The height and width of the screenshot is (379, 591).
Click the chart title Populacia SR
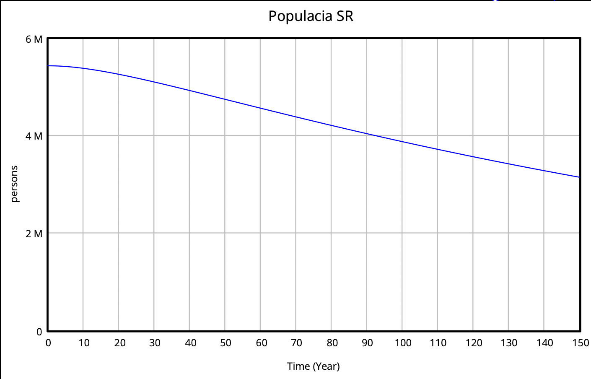pos(311,16)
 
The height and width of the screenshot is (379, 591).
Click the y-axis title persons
pos(15,184)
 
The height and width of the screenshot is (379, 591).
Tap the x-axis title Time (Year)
pos(313,366)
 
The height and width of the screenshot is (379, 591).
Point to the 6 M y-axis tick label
pos(34,39)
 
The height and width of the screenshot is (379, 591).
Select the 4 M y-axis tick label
pos(34,136)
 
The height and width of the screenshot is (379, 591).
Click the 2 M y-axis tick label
pos(34,234)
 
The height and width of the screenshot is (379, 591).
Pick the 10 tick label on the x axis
pos(84,343)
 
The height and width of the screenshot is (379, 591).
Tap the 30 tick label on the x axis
pos(155,343)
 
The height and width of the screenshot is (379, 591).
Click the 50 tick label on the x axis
pos(226,343)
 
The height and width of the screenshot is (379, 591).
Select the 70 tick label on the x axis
pos(296,343)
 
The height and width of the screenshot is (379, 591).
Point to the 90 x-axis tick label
pos(367,343)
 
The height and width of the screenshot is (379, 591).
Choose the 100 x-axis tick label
pos(403,343)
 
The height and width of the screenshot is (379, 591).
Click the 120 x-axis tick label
pos(474,343)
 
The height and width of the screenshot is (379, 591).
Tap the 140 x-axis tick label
pos(544,343)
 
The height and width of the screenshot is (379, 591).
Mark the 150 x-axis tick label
pos(580,343)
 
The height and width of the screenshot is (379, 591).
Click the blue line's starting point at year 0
pos(48,66)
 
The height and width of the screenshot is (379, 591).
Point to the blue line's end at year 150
pos(580,177)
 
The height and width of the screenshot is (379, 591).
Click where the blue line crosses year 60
pos(260,108)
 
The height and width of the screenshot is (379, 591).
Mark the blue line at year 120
pos(473,156)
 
